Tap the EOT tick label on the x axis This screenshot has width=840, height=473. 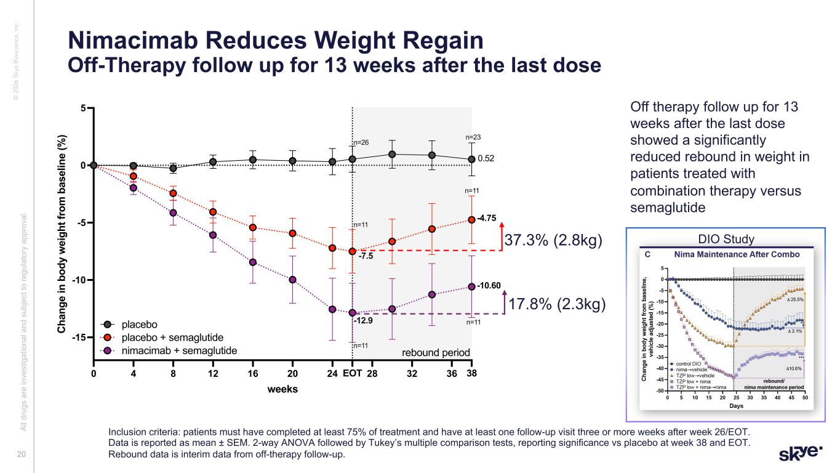[x=352, y=374]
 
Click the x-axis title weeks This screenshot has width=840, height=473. [x=282, y=389]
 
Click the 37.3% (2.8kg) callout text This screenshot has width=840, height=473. [x=553, y=240]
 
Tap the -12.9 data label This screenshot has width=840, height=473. [x=364, y=320]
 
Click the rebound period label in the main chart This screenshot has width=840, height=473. [x=436, y=353]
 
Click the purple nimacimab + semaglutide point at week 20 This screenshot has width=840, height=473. [x=293, y=280]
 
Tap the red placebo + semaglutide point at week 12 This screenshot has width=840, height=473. [x=213, y=212]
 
